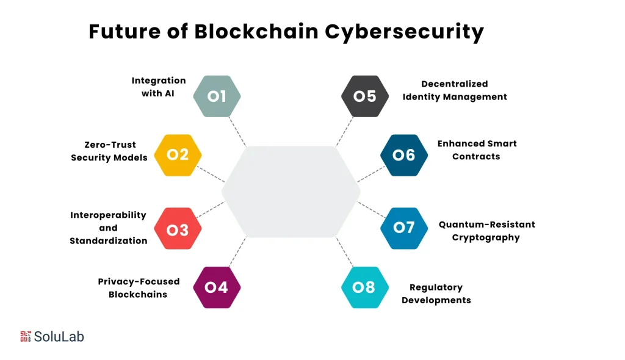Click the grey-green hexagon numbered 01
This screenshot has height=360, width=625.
tap(217, 96)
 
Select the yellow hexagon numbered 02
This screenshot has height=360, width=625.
tap(178, 155)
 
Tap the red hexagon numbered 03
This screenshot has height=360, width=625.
tap(178, 229)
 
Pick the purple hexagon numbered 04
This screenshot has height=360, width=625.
tap(217, 287)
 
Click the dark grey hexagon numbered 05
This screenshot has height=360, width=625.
tap(365, 96)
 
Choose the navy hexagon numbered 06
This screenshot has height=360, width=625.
tap(404, 155)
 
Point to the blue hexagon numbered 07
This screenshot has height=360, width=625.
tap(404, 228)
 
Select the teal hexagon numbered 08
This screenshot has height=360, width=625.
tap(365, 287)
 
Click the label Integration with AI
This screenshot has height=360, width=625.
tap(158, 87)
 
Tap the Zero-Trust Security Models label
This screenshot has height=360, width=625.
tap(109, 151)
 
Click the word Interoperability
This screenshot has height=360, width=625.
tap(109, 215)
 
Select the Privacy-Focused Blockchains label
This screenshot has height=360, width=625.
tap(139, 287)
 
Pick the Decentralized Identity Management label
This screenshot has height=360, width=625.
tap(455, 90)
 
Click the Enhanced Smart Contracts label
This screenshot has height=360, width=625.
tap(477, 150)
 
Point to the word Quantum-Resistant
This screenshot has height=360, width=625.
tap(486, 225)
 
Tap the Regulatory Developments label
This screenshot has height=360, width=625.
tap(436, 293)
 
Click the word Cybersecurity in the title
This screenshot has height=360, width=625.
tap(404, 32)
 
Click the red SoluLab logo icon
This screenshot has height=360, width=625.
tap(25, 336)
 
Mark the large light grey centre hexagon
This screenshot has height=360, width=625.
tap(291, 191)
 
